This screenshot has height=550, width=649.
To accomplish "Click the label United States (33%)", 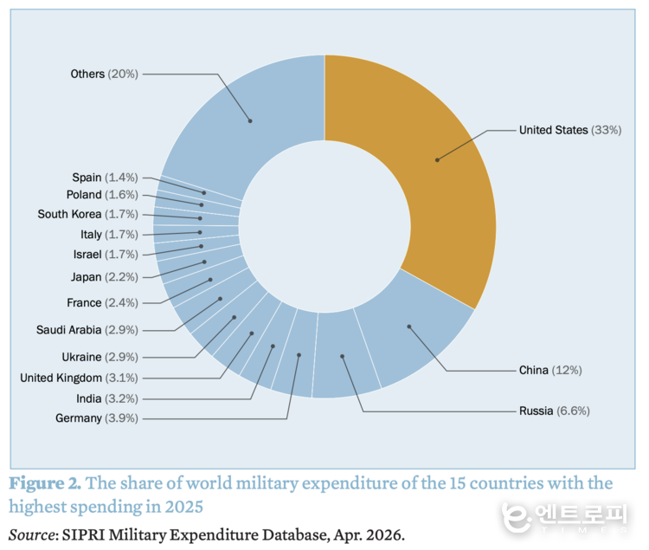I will [570, 130].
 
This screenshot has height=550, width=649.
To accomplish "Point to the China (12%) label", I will [550, 370].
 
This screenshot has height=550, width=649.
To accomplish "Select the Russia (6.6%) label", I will [554, 411].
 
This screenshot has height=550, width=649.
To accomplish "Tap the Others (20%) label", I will [104, 74].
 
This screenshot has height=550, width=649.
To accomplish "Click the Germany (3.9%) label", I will [96, 418].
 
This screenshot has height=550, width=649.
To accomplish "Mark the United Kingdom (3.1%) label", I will [79, 378].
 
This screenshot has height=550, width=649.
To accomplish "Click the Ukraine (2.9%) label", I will [100, 357].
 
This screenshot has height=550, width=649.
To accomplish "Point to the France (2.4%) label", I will [102, 303].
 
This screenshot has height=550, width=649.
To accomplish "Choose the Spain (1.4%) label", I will [105, 177].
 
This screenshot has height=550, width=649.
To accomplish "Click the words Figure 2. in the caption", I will [45, 482].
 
